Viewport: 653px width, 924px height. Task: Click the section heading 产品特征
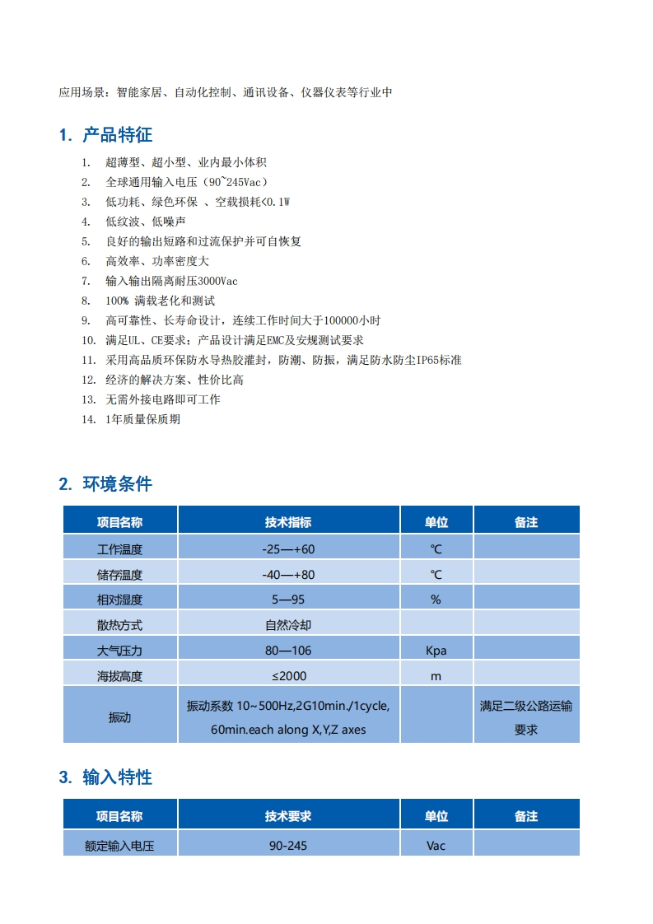pyautogui.click(x=117, y=135)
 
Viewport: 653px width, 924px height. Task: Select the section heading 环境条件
pyautogui.click(x=117, y=484)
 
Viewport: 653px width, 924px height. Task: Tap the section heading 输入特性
pyautogui.click(x=117, y=777)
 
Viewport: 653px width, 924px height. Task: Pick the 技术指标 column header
pyautogui.click(x=288, y=522)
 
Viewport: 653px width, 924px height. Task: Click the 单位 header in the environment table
pyautogui.click(x=436, y=522)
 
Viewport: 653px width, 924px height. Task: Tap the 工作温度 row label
pyautogui.click(x=120, y=548)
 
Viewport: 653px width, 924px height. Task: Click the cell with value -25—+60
pyautogui.click(x=288, y=548)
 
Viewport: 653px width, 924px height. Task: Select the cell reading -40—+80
pyautogui.click(x=288, y=574)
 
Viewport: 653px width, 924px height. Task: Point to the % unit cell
pyautogui.click(x=436, y=600)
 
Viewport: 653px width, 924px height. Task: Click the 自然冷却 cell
pyautogui.click(x=288, y=625)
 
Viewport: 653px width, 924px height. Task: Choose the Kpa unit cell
pyautogui.click(x=436, y=651)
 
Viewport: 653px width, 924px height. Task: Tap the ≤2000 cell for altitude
pyautogui.click(x=288, y=676)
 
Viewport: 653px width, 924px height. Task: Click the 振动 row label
pyautogui.click(x=120, y=717)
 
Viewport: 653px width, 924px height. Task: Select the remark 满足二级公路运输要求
pyautogui.click(x=526, y=717)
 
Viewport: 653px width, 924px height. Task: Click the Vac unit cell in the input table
pyautogui.click(x=436, y=845)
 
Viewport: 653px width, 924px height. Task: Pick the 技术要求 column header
pyautogui.click(x=288, y=816)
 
